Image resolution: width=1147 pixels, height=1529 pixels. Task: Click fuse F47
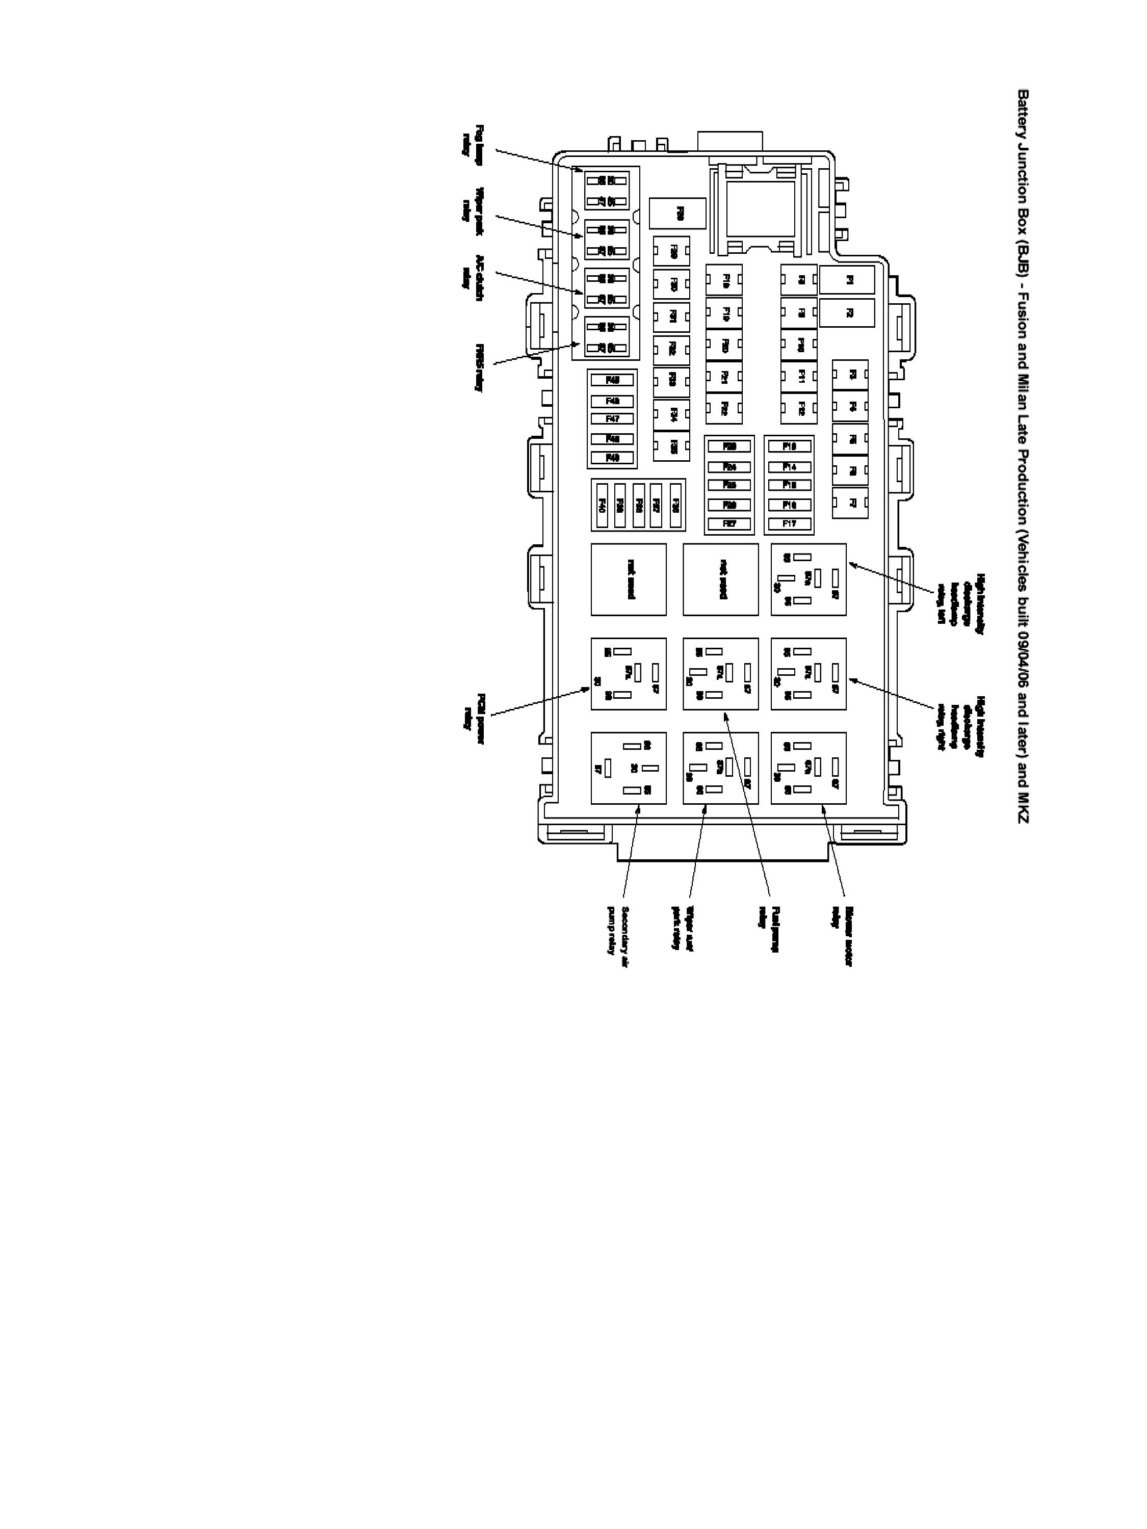coord(612,419)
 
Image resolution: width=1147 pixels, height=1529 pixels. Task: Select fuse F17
coord(789,524)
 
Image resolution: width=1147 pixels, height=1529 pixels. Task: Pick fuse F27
coord(728,524)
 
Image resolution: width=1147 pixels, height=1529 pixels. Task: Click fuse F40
coord(602,505)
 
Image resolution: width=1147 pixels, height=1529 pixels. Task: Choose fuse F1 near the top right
coord(847,280)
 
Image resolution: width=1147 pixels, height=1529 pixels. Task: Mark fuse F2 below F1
coord(847,312)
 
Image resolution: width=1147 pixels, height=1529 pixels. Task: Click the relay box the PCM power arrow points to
coord(628,673)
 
